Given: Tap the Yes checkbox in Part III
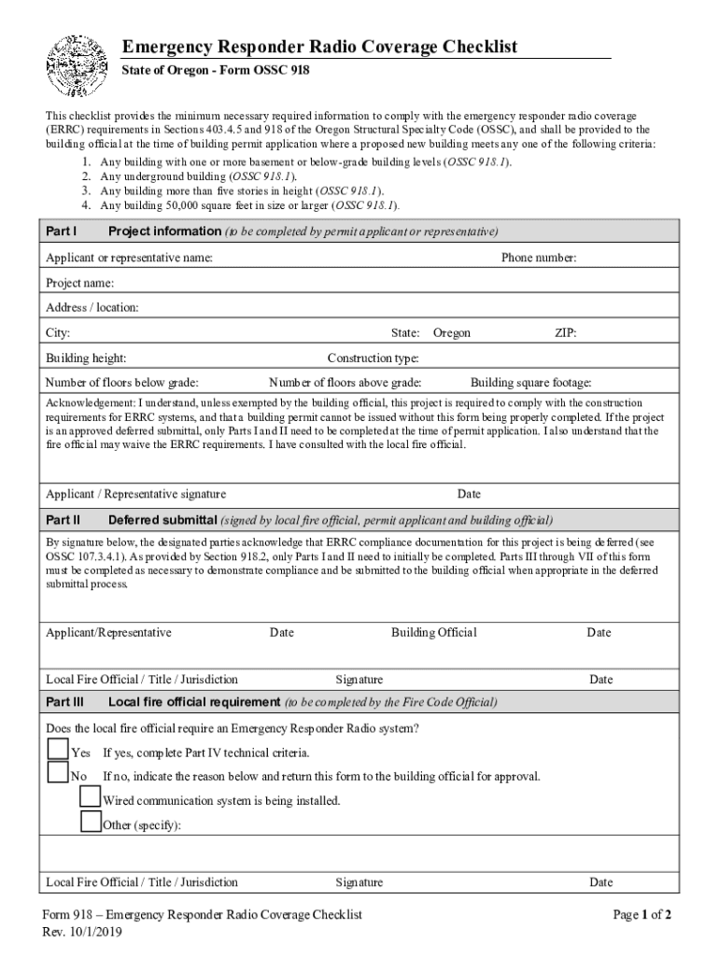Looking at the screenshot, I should (x=58, y=750).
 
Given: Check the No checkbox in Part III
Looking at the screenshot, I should (x=58, y=773).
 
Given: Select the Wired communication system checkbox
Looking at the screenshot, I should (x=91, y=796).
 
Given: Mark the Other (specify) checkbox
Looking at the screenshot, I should (x=91, y=822).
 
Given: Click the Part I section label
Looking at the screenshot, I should (x=62, y=232).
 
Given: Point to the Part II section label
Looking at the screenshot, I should (x=63, y=520).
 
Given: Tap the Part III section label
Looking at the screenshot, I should (x=65, y=702).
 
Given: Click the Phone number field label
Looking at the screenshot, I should (x=539, y=258).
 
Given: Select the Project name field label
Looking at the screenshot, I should (x=80, y=283).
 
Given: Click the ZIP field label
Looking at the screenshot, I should (x=566, y=333).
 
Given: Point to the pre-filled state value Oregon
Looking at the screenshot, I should (x=452, y=333).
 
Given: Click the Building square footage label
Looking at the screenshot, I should (x=530, y=383).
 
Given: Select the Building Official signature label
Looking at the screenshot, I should (x=434, y=633).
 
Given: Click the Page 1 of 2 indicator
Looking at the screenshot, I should (x=642, y=915).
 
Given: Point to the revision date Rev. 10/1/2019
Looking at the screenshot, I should (x=82, y=932).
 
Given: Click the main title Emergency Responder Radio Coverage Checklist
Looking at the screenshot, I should (x=320, y=48).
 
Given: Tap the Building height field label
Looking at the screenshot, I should (x=87, y=358).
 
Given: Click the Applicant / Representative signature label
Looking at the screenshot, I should (x=135, y=494).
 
